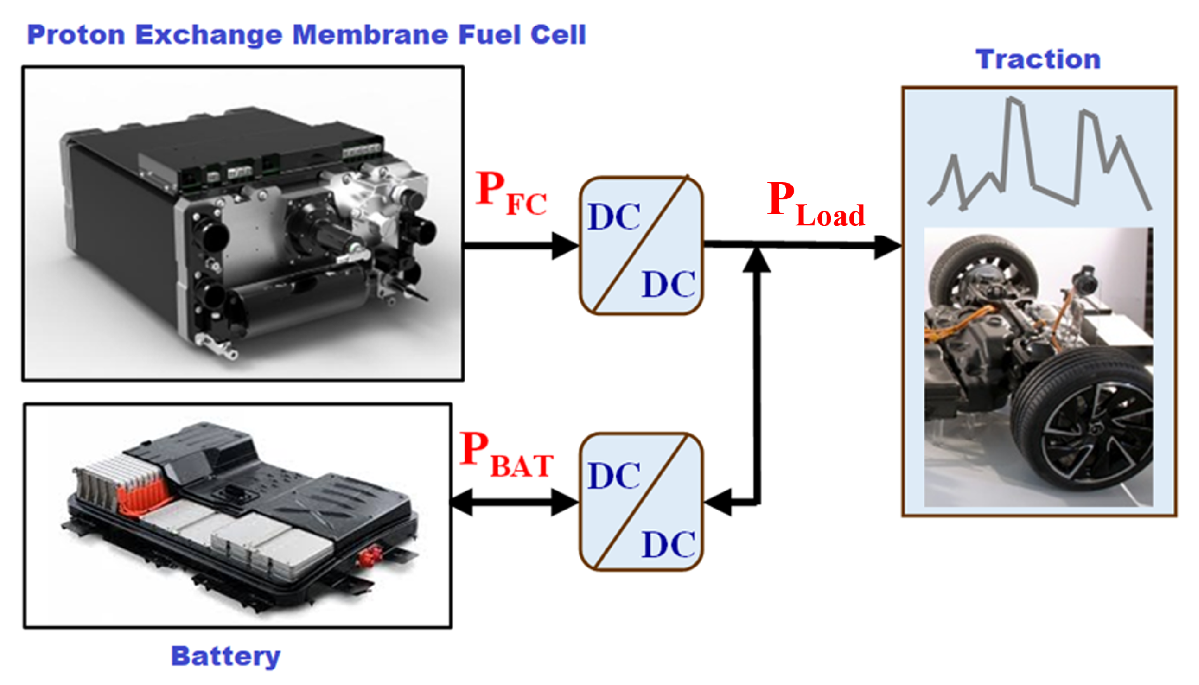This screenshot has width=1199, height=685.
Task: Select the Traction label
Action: click(x=1038, y=60)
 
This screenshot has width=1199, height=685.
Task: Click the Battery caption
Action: click(x=226, y=656)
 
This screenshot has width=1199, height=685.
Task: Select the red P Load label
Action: click(x=815, y=204)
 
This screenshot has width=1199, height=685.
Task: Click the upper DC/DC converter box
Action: click(x=640, y=246)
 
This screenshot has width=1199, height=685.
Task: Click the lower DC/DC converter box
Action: click(x=640, y=502)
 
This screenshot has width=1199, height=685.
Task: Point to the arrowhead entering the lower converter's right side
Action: click(x=718, y=502)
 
